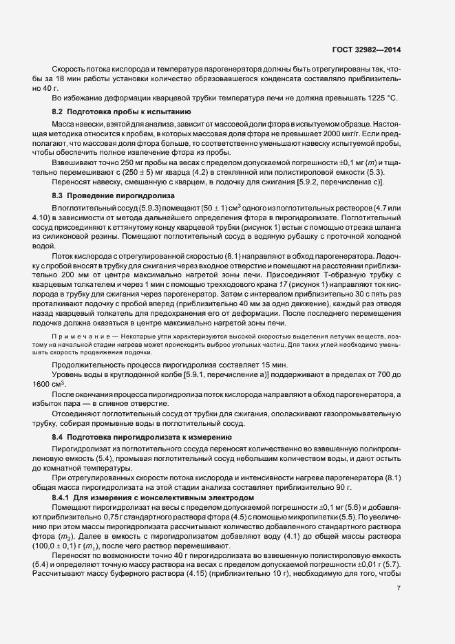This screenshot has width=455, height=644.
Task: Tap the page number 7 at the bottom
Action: click(399, 588)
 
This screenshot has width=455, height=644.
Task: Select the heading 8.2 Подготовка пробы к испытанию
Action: click(117, 111)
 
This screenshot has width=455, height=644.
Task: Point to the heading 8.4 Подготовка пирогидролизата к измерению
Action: click(143, 437)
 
